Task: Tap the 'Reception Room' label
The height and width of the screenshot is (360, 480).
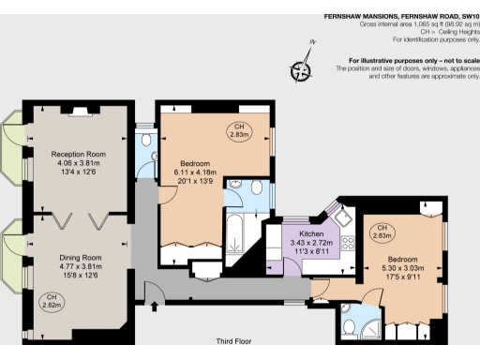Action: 78,154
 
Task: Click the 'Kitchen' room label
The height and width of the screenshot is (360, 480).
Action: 311,233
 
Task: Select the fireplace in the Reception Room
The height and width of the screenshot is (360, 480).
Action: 80,110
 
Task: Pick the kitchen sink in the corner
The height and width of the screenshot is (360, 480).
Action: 344,219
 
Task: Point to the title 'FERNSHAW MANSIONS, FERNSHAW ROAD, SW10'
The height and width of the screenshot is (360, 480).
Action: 401,16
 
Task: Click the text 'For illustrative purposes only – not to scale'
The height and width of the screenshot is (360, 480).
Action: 407,62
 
